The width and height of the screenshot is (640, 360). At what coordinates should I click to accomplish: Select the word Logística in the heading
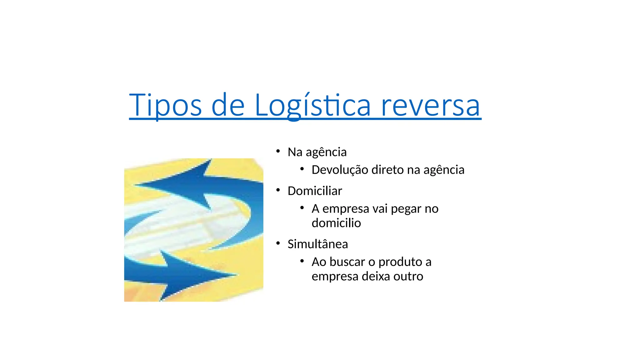click(312, 105)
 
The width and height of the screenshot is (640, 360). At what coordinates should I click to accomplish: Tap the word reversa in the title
click(430, 105)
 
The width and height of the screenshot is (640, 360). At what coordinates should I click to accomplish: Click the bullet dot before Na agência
click(278, 152)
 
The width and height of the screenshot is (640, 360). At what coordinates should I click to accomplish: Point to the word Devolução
click(340, 170)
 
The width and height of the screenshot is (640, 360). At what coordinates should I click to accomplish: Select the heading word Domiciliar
click(315, 191)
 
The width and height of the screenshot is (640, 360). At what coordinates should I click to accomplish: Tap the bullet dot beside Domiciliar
click(278, 190)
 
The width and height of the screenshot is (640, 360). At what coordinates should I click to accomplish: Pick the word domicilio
click(336, 223)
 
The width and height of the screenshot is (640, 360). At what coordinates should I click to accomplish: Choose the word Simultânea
click(317, 244)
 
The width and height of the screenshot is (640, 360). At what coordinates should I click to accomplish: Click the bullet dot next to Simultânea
click(278, 243)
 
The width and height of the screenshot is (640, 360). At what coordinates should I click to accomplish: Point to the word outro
click(409, 276)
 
